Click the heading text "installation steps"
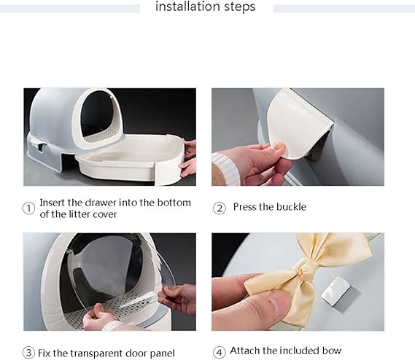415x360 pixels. coord(205,7)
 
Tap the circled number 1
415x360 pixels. coord(28,208)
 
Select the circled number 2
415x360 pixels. coord(220,208)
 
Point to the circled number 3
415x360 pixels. coord(28,353)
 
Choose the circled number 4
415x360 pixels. coord(220,353)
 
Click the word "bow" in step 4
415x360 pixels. coord(332,351)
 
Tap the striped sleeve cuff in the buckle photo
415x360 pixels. coord(225,169)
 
